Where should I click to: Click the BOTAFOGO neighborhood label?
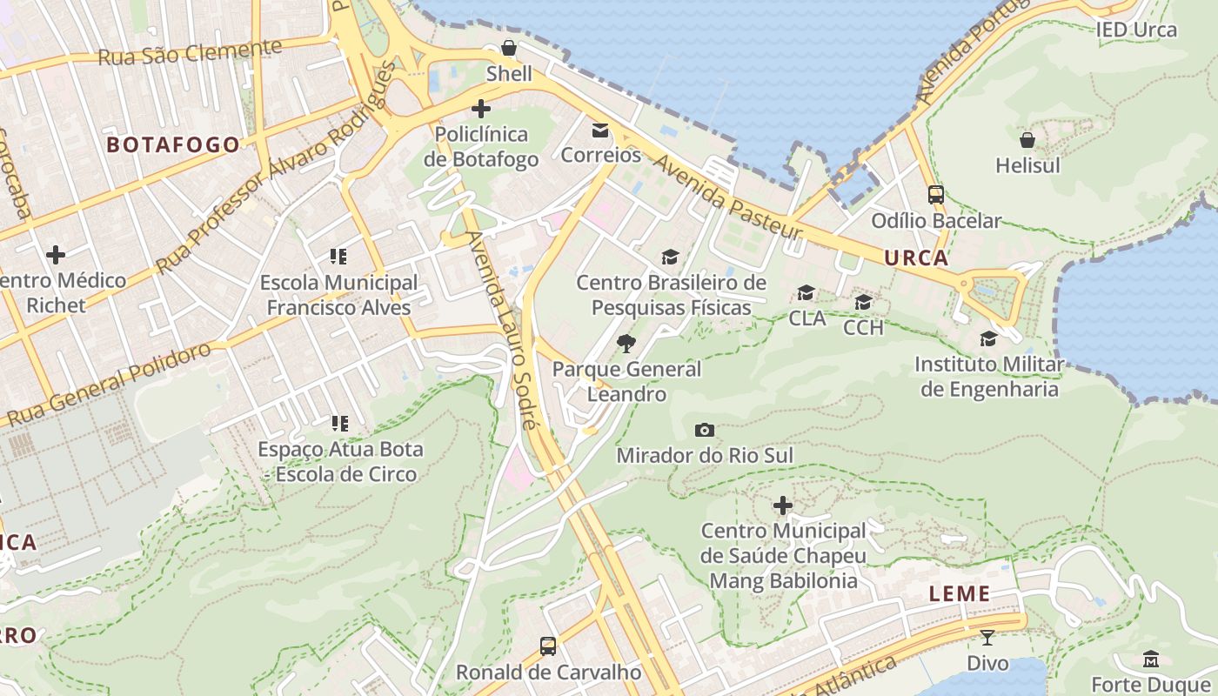pyautogui.click(x=173, y=145)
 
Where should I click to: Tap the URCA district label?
pyautogui.click(x=916, y=258)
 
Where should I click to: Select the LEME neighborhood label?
pyautogui.click(x=960, y=594)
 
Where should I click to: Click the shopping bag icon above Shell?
pyautogui.click(x=509, y=48)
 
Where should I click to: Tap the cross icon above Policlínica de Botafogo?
pyautogui.click(x=480, y=109)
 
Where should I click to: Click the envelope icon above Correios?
pyautogui.click(x=600, y=130)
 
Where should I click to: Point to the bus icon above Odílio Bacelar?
pyautogui.click(x=936, y=195)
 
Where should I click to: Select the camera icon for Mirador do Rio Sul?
pyautogui.click(x=705, y=430)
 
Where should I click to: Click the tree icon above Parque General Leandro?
pyautogui.click(x=626, y=344)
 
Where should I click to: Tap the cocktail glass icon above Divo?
pyautogui.click(x=987, y=638)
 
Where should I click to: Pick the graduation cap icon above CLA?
pyautogui.click(x=806, y=293)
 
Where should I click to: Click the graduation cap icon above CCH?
pyautogui.click(x=863, y=302)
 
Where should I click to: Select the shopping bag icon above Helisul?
pyautogui.click(x=1027, y=139)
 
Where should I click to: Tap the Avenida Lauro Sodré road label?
pyautogui.click(x=499, y=331)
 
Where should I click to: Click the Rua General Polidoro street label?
pyautogui.click(x=108, y=384)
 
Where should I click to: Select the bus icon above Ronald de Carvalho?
pyautogui.click(x=548, y=646)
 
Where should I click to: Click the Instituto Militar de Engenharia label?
pyautogui.click(x=989, y=377)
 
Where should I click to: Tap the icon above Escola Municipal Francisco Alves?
pyautogui.click(x=338, y=257)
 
